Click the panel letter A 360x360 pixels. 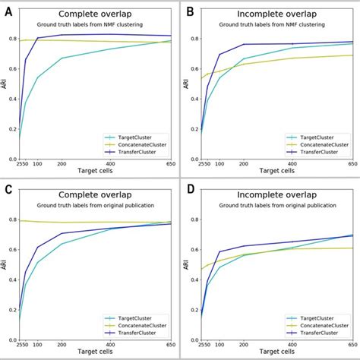[x=10, y=10]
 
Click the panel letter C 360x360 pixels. [x=10, y=190]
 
